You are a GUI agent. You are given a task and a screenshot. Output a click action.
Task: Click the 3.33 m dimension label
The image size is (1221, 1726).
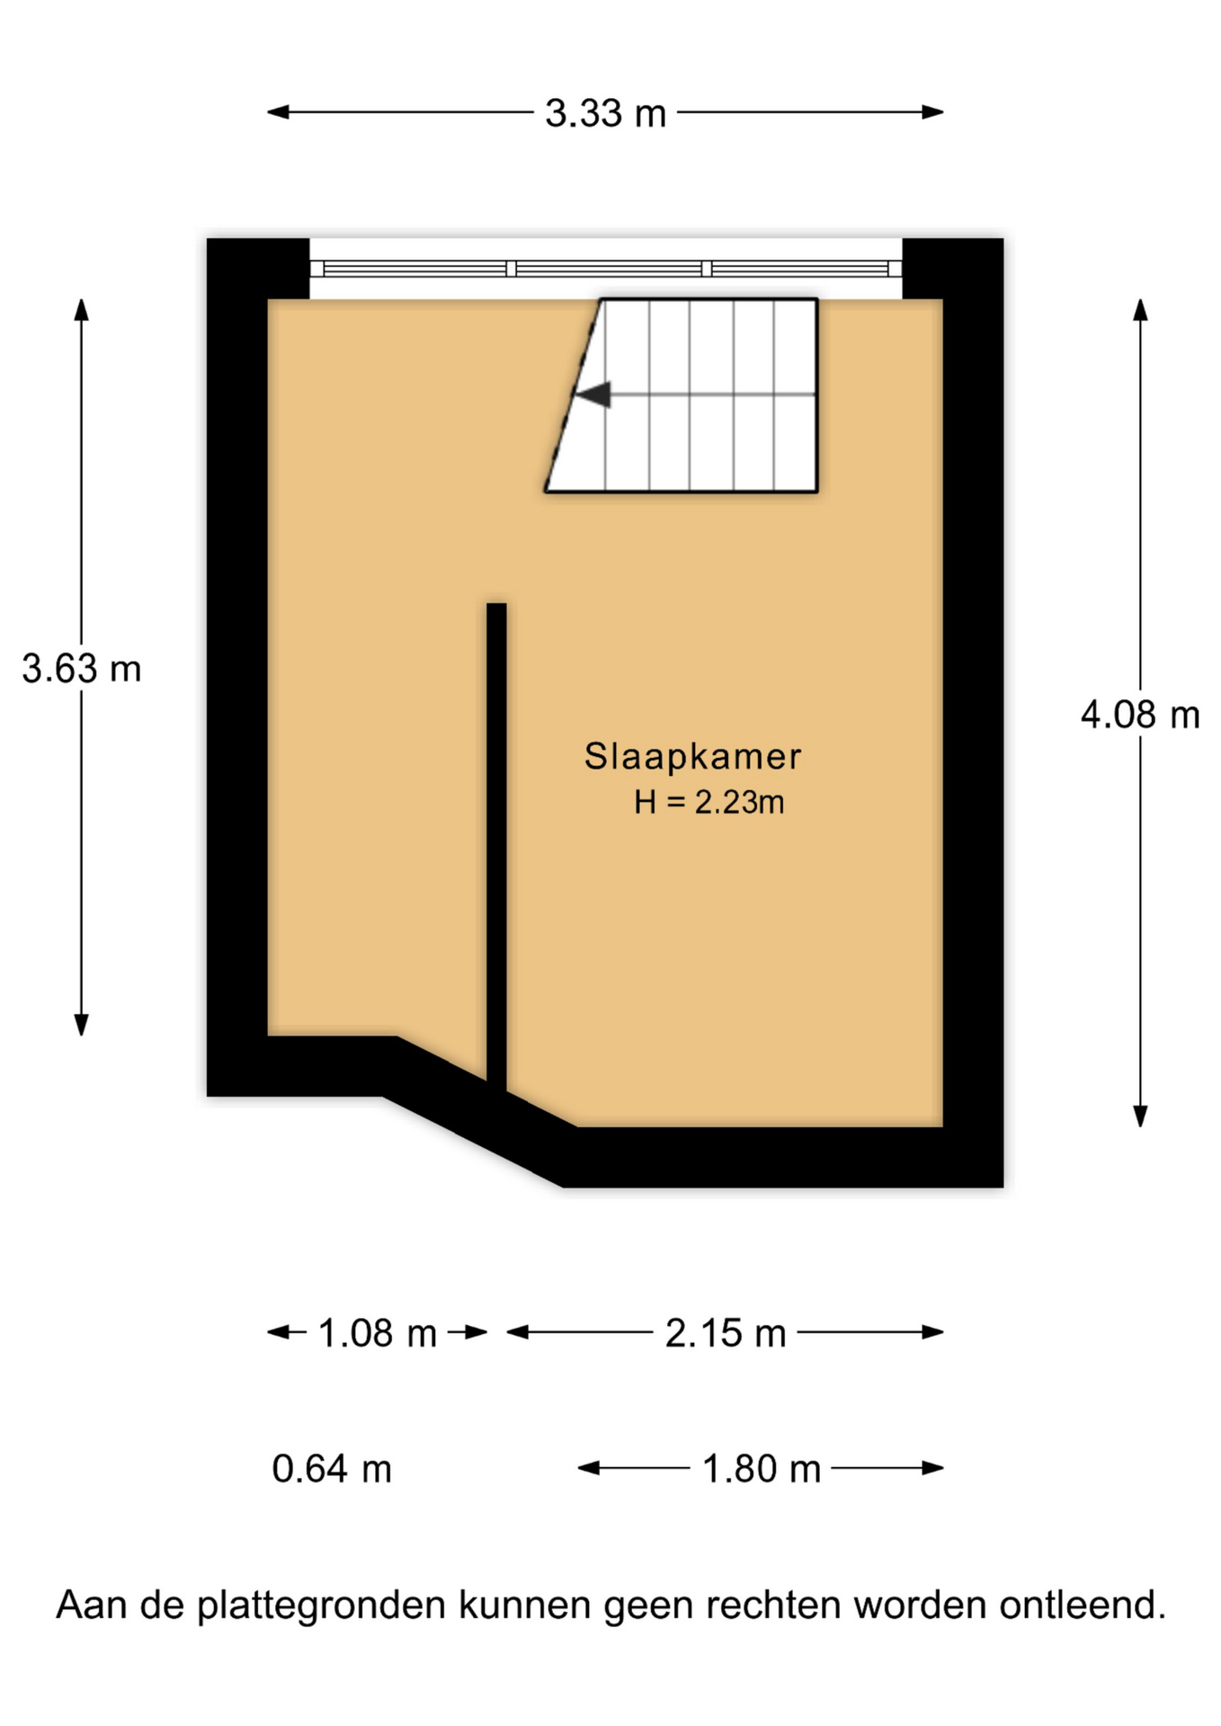[605, 114]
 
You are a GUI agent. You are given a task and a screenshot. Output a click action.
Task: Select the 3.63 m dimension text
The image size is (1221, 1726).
[82, 669]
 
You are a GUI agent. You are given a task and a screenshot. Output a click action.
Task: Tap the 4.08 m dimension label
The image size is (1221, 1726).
[1140, 716]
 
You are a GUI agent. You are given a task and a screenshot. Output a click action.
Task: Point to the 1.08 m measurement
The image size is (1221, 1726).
[378, 1333]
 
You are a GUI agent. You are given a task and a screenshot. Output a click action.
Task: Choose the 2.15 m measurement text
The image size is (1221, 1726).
[726, 1333]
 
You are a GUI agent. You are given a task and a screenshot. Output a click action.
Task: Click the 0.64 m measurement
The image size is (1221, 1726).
[332, 1469]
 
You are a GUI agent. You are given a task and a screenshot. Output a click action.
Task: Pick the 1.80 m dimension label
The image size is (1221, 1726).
[761, 1469]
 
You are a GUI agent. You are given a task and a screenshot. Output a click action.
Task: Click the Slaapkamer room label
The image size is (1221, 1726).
[692, 757]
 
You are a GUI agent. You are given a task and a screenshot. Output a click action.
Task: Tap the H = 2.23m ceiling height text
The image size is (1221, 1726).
[709, 802]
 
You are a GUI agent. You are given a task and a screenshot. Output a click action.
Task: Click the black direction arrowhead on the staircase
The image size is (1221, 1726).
[593, 395]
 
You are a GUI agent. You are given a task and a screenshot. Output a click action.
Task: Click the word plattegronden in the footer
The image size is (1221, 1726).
[321, 1606]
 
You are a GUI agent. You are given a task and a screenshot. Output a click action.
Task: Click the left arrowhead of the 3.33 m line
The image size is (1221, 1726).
[278, 112]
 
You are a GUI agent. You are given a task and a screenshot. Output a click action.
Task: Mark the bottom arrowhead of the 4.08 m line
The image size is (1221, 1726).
[1140, 1116]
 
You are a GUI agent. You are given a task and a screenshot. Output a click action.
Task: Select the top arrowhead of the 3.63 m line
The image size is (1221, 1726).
[82, 310]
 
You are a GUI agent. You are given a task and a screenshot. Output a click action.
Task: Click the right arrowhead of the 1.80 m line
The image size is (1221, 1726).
[932, 1468]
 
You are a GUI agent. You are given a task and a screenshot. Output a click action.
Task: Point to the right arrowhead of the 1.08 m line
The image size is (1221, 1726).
[477, 1332]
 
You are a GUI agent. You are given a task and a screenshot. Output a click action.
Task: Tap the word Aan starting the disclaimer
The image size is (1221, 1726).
[92, 1606]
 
